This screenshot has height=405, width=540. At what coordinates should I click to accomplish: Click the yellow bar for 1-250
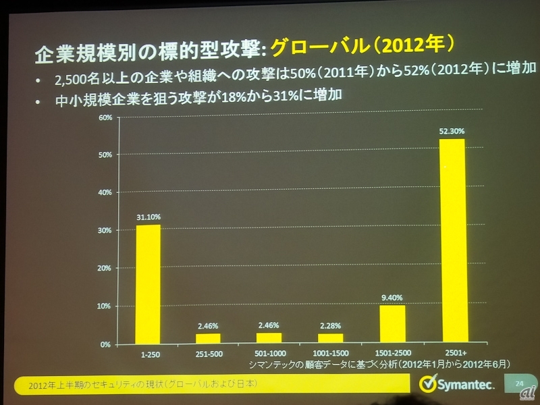(x=148, y=284)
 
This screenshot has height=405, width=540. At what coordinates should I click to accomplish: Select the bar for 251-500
(x=208, y=338)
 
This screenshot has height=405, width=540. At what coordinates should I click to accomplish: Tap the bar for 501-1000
(x=269, y=337)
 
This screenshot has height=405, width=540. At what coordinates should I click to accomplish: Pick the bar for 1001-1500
(x=330, y=338)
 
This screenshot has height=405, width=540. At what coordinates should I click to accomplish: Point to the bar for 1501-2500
(x=392, y=324)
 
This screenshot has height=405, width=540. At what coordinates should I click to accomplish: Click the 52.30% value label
(x=452, y=132)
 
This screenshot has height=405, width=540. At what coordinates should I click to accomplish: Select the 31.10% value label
(x=148, y=217)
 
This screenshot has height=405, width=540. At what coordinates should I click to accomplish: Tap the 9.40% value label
(x=392, y=295)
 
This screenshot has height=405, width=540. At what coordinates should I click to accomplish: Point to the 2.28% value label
(x=330, y=327)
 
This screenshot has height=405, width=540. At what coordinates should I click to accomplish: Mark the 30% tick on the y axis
(x=105, y=231)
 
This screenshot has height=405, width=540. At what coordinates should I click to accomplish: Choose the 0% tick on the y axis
(x=106, y=344)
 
